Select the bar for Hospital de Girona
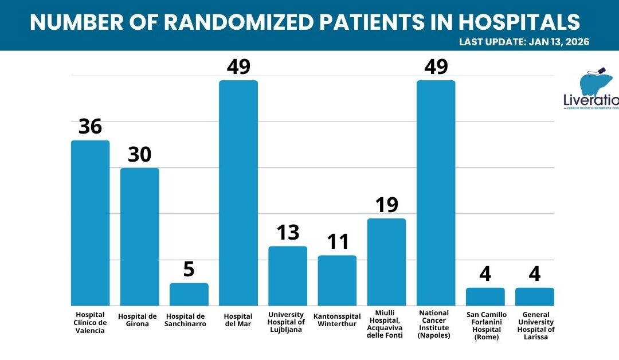point(139,236)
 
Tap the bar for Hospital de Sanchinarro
point(189,294)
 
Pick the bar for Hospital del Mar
point(238,193)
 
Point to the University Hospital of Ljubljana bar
point(288,276)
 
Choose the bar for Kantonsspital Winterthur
point(337,280)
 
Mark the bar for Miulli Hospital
point(386,262)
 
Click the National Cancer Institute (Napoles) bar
point(436,193)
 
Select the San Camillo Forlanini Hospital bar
point(485,296)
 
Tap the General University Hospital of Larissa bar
point(534,296)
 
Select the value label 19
point(387,205)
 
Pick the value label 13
point(288,233)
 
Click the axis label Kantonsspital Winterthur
point(337,320)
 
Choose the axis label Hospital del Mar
point(238,320)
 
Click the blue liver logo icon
point(593,85)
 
